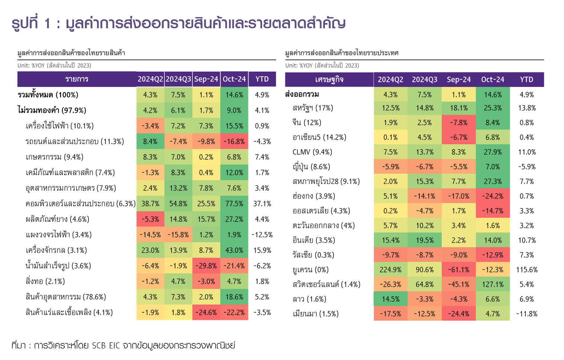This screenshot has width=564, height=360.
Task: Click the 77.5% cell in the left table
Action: point(234,204)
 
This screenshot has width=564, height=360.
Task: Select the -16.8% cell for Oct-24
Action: point(234,142)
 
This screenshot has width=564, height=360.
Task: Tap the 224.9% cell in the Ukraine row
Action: point(390,270)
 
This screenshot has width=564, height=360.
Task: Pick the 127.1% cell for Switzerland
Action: point(493,285)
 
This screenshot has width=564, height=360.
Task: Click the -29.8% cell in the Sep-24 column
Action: point(206,266)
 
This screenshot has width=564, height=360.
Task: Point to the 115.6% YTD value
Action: point(527,270)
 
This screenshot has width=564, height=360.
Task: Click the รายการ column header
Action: point(77,79)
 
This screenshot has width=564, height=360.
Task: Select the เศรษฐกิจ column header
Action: point(329,80)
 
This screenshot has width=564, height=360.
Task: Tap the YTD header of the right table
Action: point(526,80)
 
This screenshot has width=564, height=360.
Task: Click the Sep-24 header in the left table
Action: point(206,79)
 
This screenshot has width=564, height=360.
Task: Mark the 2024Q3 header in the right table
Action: point(425,80)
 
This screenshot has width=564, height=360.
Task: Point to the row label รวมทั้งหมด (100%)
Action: point(48,95)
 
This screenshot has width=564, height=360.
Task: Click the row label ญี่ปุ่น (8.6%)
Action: point(311,167)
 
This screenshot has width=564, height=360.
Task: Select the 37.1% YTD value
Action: point(262,204)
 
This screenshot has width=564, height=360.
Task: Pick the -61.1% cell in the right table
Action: point(458,270)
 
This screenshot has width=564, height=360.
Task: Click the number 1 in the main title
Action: point(47,23)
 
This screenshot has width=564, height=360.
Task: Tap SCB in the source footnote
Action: point(99,346)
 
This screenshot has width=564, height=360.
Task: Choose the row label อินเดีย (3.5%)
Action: point(314,240)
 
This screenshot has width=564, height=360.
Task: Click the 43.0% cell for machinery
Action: point(234,250)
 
